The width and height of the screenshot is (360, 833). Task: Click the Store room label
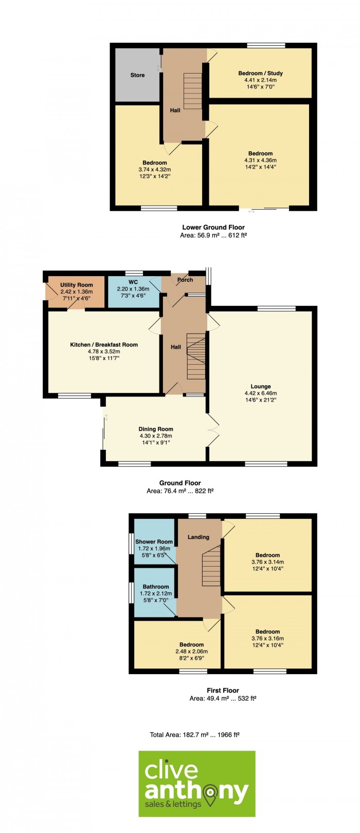pos(137,75)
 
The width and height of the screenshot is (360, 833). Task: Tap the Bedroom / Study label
pos(260,73)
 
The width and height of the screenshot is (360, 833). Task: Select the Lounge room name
pos(261,386)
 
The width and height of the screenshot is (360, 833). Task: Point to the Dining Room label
pos(156,429)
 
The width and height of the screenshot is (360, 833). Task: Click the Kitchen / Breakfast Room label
pos(104,345)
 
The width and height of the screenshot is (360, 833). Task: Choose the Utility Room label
pos(77,285)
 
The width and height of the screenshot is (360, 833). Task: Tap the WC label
pos(133,282)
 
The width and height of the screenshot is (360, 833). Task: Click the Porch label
pos(185,280)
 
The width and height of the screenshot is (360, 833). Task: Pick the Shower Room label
pos(154,542)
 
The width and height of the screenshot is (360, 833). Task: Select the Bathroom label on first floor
pos(156,587)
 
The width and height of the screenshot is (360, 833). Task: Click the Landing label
pos(198,537)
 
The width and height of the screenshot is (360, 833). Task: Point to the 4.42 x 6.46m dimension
pos(261,393)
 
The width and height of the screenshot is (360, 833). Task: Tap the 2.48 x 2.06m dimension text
pos(191,651)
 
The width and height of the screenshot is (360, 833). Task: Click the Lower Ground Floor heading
pos(213,227)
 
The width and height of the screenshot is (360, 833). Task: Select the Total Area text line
pos(194,735)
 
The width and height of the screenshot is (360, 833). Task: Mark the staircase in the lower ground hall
pos(193,90)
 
